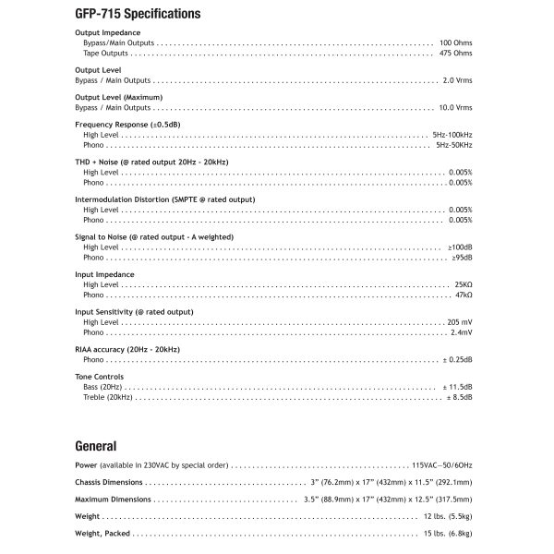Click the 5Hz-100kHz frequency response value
pos(452,135)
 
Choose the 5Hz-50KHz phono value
pos(454,145)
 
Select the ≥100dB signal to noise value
pos(460,247)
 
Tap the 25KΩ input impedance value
pos(464,284)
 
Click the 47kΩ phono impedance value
pos(464,295)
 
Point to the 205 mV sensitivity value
pos(460,322)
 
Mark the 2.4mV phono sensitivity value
pos(462,332)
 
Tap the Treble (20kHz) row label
pos(108,397)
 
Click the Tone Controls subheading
pos(99,377)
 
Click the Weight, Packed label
pos(102,534)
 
